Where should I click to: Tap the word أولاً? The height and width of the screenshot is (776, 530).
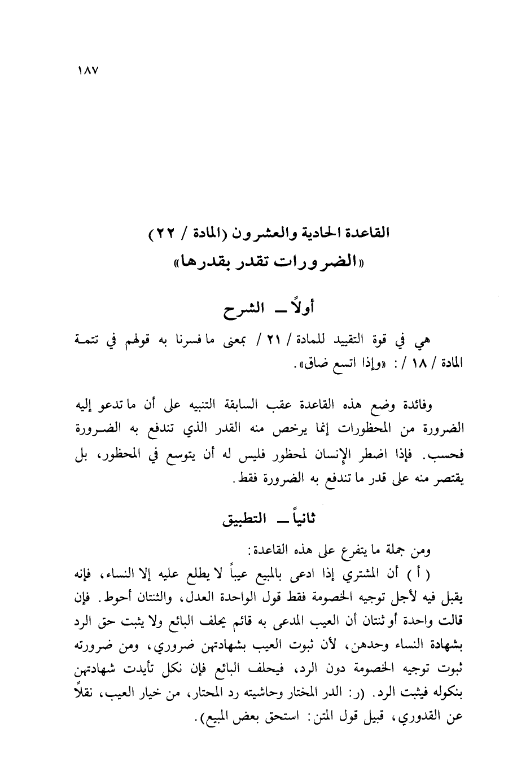click(x=303, y=309)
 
